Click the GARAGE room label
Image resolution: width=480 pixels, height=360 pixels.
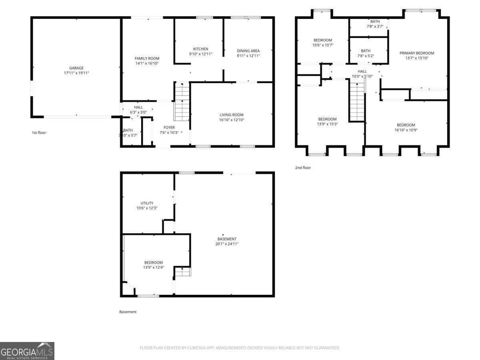click(76, 68)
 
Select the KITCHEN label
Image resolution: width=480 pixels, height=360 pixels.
click(200, 49)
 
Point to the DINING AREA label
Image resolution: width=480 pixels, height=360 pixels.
click(248, 51)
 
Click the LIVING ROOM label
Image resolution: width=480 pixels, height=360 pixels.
click(232, 115)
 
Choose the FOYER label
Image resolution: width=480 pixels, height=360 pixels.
click(169, 128)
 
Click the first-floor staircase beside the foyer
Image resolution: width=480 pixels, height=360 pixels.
click(182, 102)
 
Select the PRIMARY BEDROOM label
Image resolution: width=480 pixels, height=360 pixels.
click(416, 53)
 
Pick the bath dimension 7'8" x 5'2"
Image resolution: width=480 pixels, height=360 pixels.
click(366, 56)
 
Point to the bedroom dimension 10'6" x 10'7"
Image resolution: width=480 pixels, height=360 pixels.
click(322, 45)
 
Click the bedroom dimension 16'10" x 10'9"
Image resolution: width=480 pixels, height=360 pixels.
click(406, 130)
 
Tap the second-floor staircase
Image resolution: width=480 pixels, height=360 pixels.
click(357, 102)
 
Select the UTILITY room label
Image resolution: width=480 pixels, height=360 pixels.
click(147, 203)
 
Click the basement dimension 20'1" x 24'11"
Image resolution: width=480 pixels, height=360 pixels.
click(227, 244)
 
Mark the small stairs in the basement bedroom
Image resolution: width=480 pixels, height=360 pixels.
click(182, 272)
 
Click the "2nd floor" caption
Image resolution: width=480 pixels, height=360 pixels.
click(303, 168)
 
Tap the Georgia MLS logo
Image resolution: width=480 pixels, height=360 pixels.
click(27, 351)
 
